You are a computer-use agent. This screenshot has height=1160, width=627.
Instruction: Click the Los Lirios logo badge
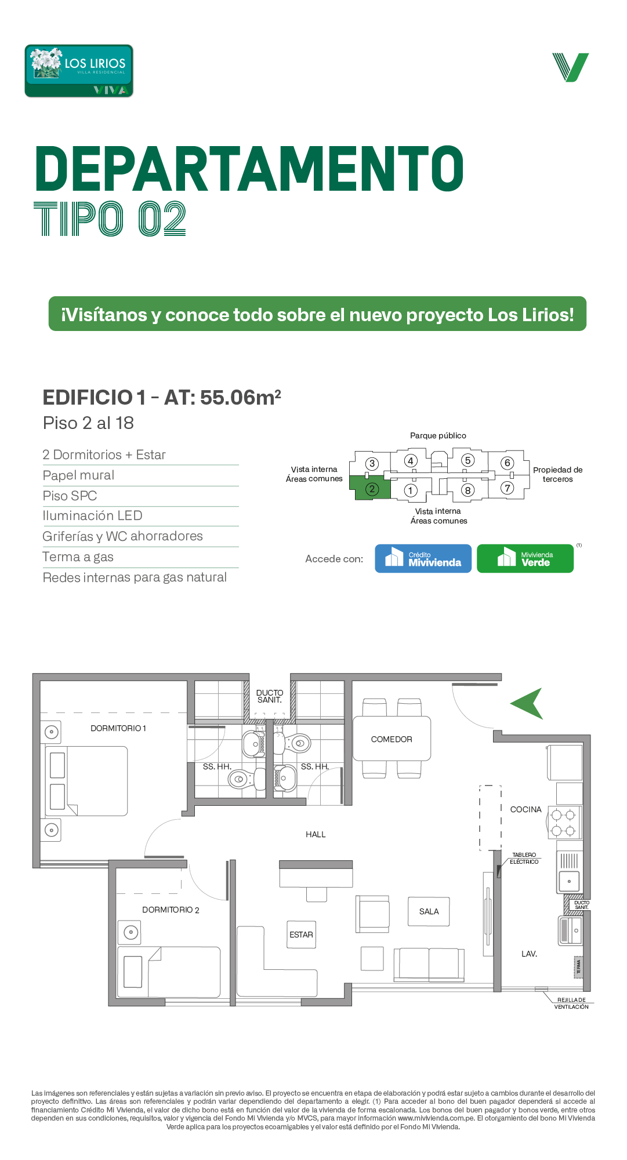[79, 71]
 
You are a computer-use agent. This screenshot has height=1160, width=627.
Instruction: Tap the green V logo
[571, 67]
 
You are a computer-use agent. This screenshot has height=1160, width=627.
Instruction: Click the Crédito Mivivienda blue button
[423, 558]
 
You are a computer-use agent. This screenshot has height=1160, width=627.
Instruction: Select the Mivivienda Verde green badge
[525, 558]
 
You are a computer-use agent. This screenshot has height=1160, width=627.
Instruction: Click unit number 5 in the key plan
[467, 460]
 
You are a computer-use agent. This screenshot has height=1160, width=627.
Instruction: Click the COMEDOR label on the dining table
[392, 739]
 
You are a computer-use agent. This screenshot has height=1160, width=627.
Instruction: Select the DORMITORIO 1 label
[118, 728]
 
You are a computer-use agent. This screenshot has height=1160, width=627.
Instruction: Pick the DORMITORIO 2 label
[171, 910]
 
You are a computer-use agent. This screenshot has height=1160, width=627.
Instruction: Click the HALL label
[316, 834]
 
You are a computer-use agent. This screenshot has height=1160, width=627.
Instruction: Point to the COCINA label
[525, 809]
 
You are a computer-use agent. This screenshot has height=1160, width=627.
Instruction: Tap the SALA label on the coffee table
[429, 911]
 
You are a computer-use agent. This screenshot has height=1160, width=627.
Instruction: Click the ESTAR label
[301, 934]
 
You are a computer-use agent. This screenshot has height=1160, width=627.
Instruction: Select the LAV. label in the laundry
[529, 954]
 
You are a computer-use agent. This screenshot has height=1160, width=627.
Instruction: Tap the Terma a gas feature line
[78, 557]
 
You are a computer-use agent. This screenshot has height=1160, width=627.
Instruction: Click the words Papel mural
[78, 475]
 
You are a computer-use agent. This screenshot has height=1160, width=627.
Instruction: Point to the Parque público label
[438, 435]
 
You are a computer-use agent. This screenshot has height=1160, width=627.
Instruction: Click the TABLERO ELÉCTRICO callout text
[524, 859]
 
